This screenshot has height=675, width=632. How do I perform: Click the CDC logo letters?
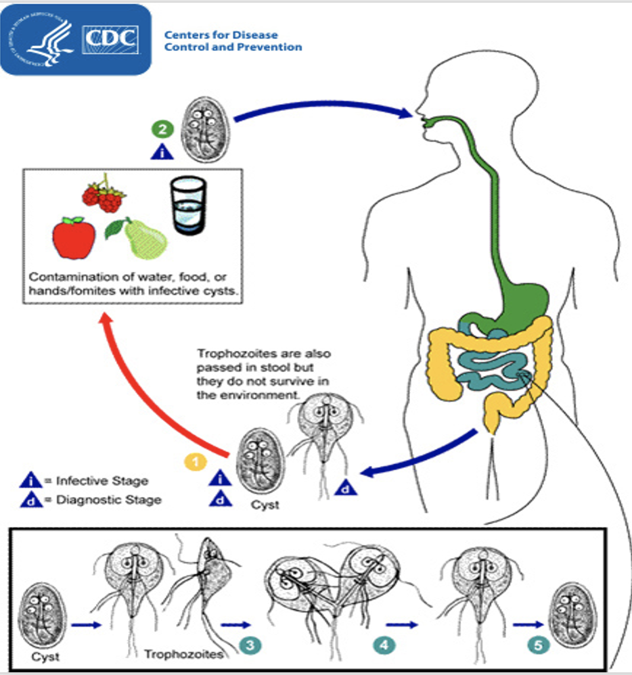(112, 39)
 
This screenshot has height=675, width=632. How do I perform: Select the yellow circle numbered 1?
(195, 463)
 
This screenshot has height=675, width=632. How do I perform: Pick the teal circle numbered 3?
(250, 644)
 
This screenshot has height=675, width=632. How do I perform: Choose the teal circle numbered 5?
(539, 644)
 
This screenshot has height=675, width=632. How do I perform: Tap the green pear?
(142, 239)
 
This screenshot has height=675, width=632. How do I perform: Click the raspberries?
(105, 195)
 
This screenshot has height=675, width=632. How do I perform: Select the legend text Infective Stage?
(102, 481)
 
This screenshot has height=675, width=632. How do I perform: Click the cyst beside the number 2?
(202, 129)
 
